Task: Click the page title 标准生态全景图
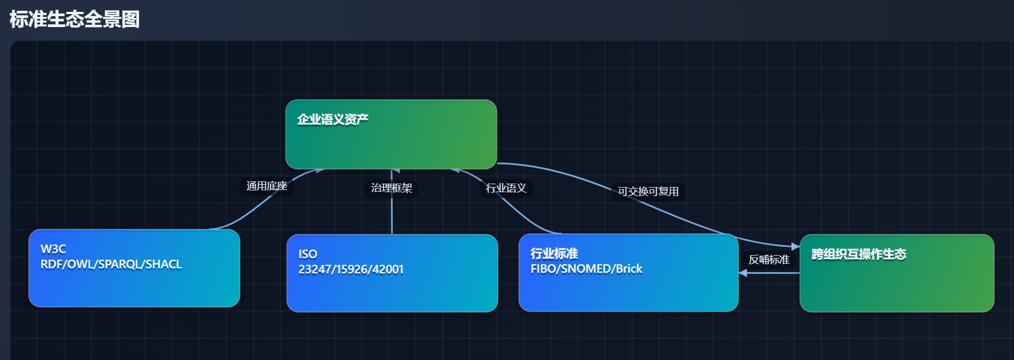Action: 74,19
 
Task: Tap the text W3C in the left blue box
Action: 53,249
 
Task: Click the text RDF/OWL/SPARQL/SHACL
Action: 111,264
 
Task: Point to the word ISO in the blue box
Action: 308,254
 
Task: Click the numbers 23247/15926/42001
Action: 350,269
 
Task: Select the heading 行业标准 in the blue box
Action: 554,254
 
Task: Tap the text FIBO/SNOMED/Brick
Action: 586,269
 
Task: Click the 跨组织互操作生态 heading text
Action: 858,254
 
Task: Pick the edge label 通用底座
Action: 266,186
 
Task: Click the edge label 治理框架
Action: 392,188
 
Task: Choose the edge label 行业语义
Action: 506,188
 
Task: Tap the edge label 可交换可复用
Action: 648,192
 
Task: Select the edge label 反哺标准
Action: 768,260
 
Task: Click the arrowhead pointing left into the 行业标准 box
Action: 743,273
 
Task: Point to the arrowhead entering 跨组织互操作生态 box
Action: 795,247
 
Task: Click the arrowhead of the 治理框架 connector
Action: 395,171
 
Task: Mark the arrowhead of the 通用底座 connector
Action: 319,171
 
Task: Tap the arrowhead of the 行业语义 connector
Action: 457,170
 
